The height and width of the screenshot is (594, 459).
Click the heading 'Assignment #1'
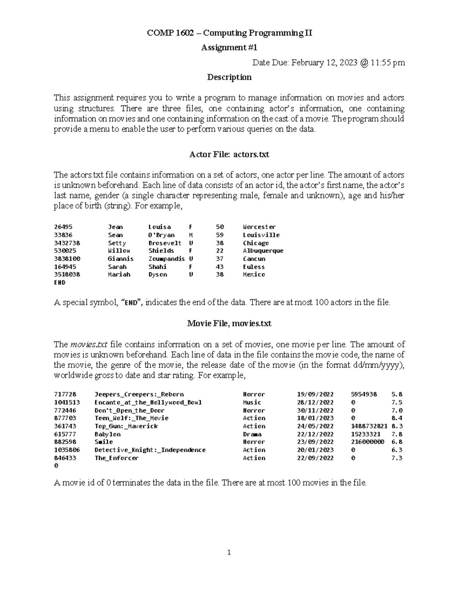tap(229, 47)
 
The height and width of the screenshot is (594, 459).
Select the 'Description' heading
tap(229, 77)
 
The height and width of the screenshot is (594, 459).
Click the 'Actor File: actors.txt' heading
tap(229, 155)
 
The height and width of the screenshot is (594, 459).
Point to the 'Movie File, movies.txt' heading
tap(229, 324)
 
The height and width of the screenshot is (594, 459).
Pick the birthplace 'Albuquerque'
tap(263, 251)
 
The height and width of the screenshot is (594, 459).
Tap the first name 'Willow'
tap(119, 251)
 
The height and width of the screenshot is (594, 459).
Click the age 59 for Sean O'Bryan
tap(220, 235)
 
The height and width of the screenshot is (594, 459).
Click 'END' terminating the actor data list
tap(60, 283)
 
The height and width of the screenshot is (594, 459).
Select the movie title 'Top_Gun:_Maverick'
tap(126, 426)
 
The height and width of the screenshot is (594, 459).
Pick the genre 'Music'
tap(252, 402)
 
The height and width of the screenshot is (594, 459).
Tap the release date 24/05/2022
tap(315, 426)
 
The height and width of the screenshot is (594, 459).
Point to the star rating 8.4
tap(397, 418)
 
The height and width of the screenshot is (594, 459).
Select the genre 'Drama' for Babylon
tap(252, 434)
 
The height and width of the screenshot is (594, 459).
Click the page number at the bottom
tap(229, 552)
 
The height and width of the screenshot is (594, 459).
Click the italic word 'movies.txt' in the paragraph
tap(87, 344)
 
